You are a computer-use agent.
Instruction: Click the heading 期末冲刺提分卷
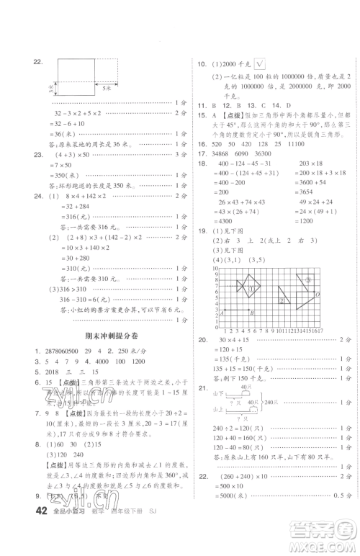pyautogui.click(x=108, y=336)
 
